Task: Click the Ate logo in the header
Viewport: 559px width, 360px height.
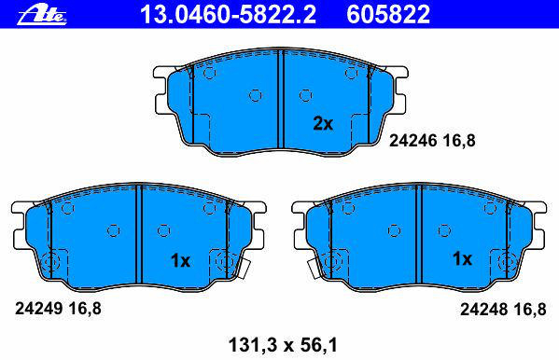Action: click(42, 15)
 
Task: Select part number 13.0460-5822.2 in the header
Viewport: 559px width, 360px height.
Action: click(228, 14)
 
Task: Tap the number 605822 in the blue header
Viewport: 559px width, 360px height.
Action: click(388, 14)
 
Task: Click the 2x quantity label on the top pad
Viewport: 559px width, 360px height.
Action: click(323, 123)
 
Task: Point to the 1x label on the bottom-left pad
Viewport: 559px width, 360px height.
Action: click(181, 261)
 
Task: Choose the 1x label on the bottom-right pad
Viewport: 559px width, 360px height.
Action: click(462, 258)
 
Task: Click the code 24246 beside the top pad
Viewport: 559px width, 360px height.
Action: click(412, 141)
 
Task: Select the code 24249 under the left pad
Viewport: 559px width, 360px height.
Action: click(39, 309)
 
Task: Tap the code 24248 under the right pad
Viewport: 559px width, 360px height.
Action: click(483, 309)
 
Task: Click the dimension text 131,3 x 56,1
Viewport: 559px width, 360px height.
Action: click(283, 345)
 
